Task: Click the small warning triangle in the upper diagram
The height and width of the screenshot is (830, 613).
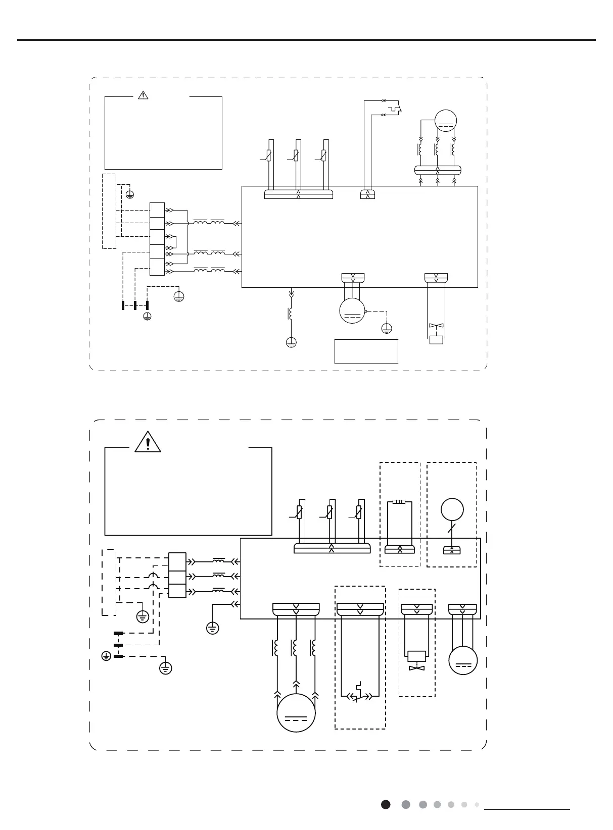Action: [144, 94]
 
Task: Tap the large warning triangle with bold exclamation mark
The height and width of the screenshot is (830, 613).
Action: [148, 442]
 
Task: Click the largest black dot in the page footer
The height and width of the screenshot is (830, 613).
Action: [386, 804]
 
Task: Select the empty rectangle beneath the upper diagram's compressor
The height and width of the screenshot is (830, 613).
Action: [366, 351]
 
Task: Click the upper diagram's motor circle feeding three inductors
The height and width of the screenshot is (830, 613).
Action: [445, 121]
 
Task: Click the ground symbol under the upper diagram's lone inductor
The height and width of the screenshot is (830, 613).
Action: [291, 342]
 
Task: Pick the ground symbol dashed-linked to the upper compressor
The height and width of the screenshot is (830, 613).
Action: [387, 328]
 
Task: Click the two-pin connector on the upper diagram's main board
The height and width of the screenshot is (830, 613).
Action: [367, 194]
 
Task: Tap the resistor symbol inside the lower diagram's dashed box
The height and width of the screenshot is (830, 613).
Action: [399, 502]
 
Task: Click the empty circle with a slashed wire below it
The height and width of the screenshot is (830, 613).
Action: [452, 509]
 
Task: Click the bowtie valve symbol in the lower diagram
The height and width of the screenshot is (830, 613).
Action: [417, 668]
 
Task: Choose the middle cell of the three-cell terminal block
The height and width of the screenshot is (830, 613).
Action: [177, 576]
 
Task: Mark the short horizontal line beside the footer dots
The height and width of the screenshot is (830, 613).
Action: [527, 809]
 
